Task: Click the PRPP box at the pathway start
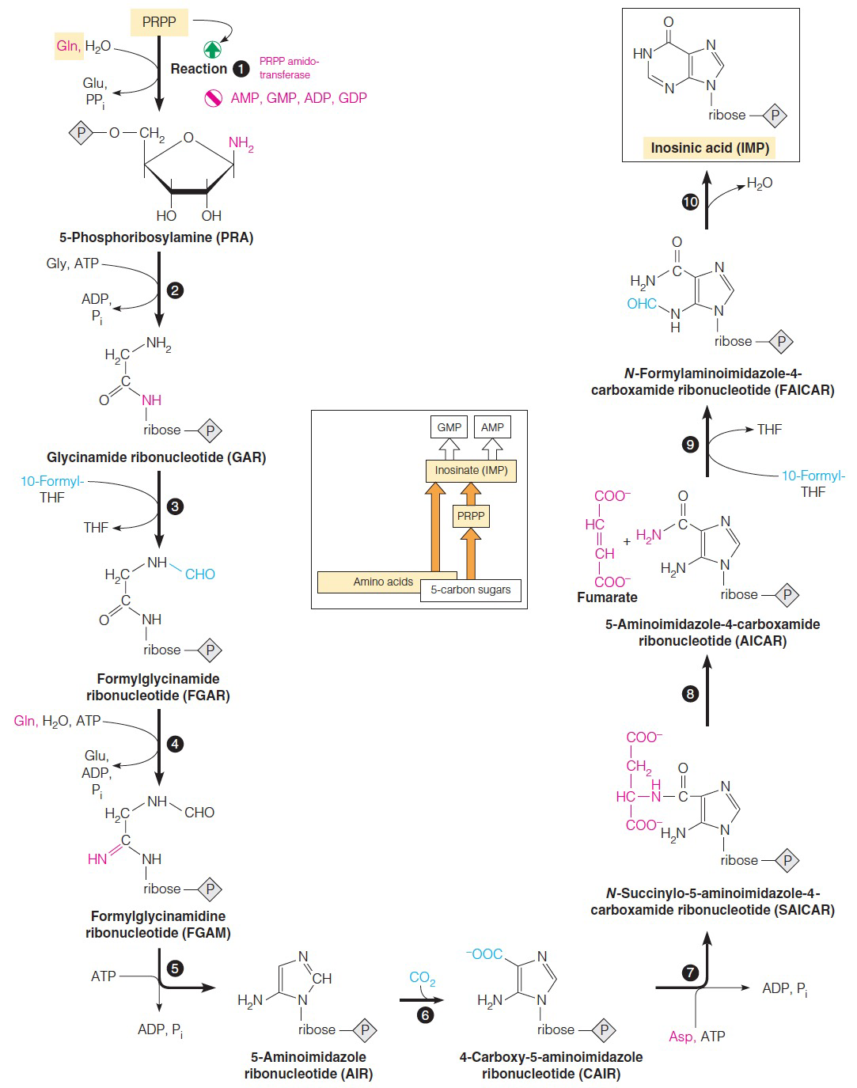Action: point(159,22)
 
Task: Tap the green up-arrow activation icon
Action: point(212,49)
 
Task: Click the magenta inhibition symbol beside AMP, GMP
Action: point(212,98)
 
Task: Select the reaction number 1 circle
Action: point(241,69)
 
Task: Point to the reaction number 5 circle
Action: point(176,968)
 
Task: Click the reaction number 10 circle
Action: point(690,203)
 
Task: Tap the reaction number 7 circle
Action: point(691,972)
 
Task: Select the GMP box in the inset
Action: point(449,427)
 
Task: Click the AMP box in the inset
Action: point(492,427)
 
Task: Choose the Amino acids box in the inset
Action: point(383,582)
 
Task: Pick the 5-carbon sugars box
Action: point(471,589)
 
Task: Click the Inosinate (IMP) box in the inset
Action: point(471,470)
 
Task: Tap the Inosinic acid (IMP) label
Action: point(710,148)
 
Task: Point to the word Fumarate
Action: point(607,597)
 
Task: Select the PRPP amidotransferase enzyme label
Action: point(289,68)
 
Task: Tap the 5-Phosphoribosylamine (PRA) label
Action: point(156,237)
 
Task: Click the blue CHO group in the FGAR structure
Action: point(199,574)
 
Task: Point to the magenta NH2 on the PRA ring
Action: point(241,143)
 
